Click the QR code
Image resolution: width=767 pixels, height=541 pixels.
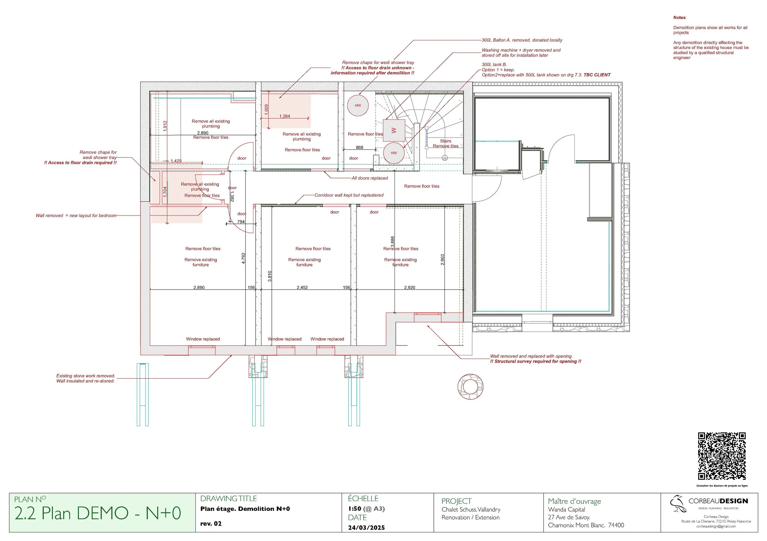(722, 456)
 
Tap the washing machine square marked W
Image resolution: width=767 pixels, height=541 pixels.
(394, 130)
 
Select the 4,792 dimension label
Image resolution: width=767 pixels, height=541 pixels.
(244, 258)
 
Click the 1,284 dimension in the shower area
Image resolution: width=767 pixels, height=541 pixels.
(285, 116)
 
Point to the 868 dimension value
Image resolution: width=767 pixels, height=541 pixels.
(360, 147)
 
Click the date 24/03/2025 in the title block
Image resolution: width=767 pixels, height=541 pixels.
(366, 527)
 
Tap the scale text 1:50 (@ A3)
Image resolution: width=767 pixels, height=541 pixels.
(366, 508)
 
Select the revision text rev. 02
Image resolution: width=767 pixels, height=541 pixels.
(211, 523)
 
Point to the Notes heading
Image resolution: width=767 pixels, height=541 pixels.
(680, 18)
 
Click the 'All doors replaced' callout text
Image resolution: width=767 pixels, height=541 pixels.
(369, 178)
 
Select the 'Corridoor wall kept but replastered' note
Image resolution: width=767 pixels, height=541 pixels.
(349, 195)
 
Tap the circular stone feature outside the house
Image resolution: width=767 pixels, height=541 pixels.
(470, 387)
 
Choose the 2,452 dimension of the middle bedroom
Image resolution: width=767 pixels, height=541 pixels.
(302, 288)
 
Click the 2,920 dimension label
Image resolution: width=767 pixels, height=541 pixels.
(410, 288)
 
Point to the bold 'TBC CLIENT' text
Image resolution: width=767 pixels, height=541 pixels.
(597, 75)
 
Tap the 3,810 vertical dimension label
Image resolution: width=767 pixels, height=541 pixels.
(270, 276)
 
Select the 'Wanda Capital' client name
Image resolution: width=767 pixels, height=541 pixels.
(567, 510)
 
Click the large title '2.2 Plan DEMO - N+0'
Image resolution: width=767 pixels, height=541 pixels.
(98, 513)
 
